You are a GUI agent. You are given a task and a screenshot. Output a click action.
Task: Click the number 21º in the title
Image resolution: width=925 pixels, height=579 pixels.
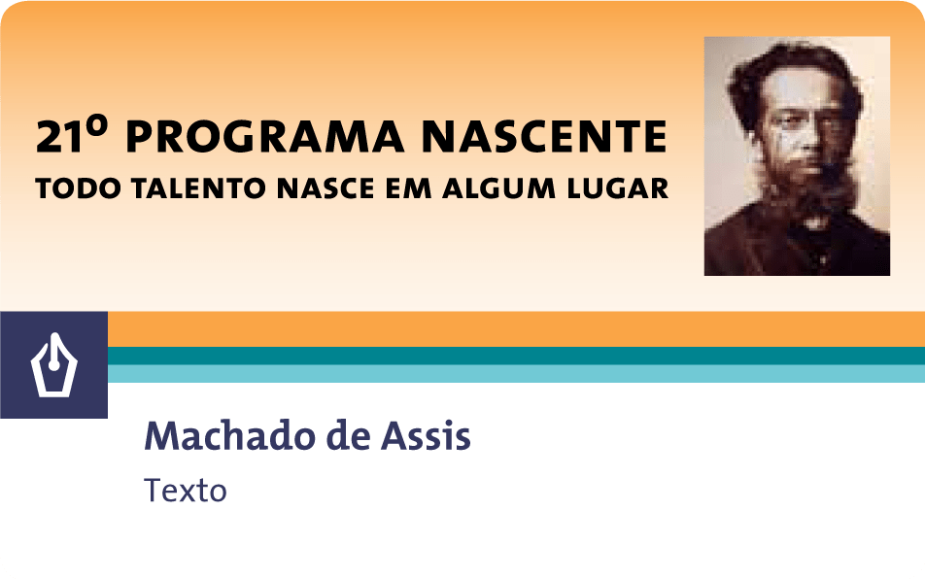tap(72, 135)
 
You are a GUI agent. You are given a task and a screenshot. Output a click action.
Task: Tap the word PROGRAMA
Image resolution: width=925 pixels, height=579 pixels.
tap(265, 136)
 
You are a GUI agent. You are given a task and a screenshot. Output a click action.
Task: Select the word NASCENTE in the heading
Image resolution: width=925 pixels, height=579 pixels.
tap(544, 136)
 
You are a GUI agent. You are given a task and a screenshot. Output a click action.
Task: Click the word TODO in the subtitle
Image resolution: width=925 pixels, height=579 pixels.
tap(78, 188)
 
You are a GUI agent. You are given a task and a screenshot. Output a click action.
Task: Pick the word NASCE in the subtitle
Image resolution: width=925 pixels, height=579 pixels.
tap(325, 188)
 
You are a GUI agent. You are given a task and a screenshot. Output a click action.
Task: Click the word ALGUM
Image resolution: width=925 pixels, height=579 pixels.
tap(498, 188)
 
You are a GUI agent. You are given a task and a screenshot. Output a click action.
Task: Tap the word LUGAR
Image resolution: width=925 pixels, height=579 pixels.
tap(618, 188)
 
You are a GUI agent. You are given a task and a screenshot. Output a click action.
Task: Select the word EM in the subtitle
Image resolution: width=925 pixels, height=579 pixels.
tap(408, 188)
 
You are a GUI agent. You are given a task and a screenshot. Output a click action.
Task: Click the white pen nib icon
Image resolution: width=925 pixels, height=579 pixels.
tap(54, 365)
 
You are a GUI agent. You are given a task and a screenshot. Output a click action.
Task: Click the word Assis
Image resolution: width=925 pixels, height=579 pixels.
tap(426, 436)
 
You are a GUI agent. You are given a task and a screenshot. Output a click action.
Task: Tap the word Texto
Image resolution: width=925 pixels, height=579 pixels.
tap(186, 490)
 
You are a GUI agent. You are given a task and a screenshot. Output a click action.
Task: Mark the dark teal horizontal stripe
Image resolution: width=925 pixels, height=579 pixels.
tap(516, 356)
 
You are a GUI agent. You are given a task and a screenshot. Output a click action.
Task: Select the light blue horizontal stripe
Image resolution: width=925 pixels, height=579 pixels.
tap(516, 374)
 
